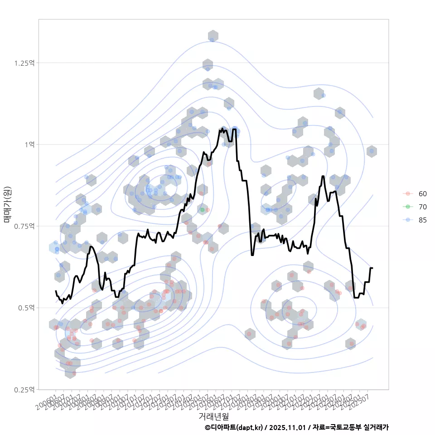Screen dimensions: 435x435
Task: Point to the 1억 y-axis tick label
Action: point(29,145)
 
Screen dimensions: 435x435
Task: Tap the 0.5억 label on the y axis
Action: point(27,308)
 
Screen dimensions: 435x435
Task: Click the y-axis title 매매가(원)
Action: point(7,204)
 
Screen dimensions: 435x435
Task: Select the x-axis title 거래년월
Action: point(213,416)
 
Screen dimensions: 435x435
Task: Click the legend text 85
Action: point(422,220)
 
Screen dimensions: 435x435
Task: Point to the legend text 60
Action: point(422,193)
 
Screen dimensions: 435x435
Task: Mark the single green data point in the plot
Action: point(202,210)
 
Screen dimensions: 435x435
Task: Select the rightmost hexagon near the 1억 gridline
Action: point(372,151)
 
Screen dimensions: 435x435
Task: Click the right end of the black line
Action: point(372,268)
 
